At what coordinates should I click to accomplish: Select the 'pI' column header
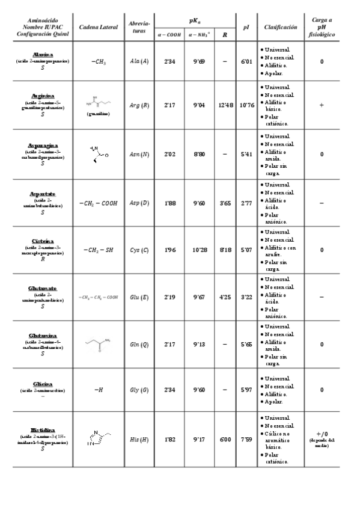click(x=246, y=28)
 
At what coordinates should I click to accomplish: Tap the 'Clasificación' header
click(x=280, y=28)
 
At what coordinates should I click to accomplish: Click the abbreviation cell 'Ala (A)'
click(x=139, y=61)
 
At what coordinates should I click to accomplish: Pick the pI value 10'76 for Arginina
click(x=246, y=105)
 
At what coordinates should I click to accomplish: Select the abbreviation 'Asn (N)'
click(x=139, y=155)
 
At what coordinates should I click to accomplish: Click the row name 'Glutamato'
click(x=42, y=289)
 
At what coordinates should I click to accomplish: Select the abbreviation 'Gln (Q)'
click(x=139, y=345)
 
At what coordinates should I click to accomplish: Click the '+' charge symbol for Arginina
click(x=322, y=105)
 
